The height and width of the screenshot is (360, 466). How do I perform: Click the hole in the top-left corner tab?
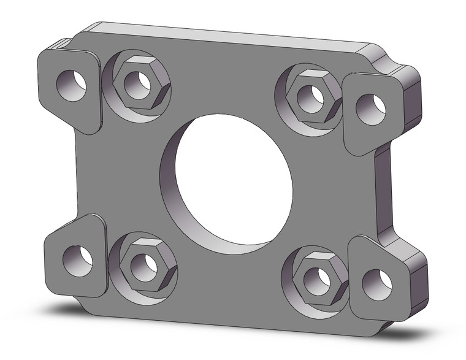tap(72, 85)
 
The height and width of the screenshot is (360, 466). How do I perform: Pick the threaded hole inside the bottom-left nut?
tap(144, 267)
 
